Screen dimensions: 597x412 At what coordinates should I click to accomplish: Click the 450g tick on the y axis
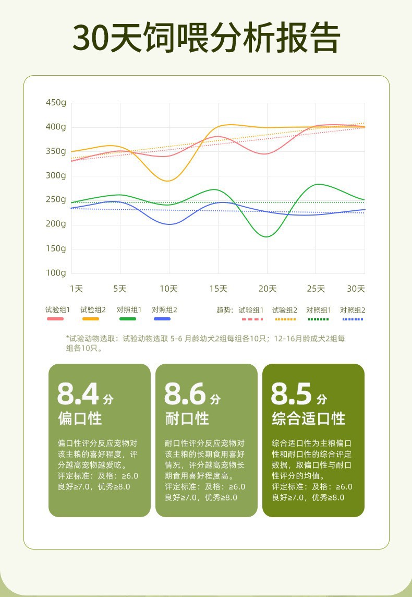click(x=56, y=103)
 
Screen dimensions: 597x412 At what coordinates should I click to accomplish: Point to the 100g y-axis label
click(x=56, y=273)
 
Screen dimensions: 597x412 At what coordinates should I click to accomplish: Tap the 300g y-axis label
click(x=56, y=175)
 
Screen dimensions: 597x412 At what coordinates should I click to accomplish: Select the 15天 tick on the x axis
click(x=219, y=289)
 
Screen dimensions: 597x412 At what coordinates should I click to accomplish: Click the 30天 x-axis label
click(x=356, y=289)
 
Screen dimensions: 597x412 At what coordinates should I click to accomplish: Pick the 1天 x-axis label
click(x=76, y=289)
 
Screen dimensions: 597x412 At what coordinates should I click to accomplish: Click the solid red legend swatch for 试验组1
click(x=55, y=319)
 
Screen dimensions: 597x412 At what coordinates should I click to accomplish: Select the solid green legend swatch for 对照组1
click(x=127, y=319)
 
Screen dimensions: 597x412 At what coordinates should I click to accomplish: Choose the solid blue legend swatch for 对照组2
click(x=162, y=319)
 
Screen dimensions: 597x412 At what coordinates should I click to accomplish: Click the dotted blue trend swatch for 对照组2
click(x=353, y=319)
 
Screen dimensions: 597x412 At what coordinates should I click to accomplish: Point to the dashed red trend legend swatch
click(x=251, y=319)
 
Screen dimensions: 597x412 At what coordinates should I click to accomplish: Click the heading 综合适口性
click(x=309, y=419)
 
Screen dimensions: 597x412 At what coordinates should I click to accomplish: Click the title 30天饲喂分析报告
click(x=206, y=38)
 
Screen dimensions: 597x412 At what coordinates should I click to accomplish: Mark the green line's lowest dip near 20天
click(x=266, y=237)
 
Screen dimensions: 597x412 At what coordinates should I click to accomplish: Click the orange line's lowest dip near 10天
click(x=167, y=181)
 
